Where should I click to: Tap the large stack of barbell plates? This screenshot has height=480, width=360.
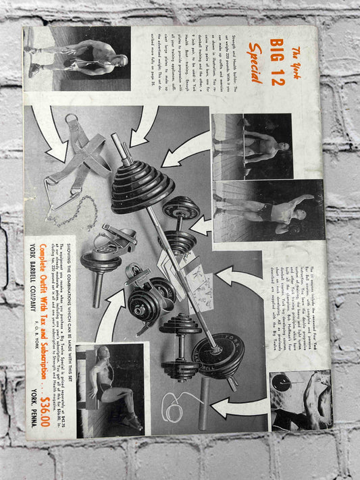(141, 182)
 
